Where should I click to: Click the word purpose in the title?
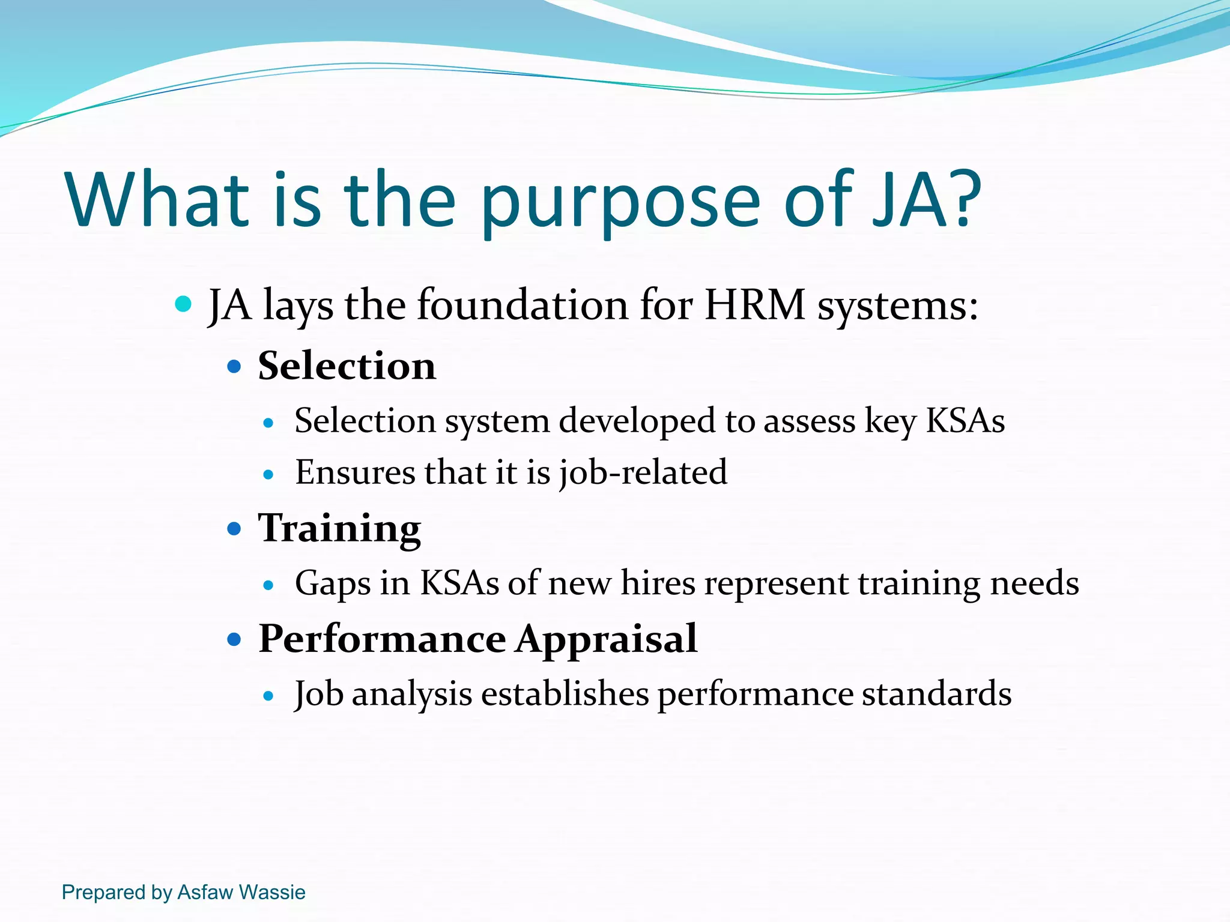(620, 204)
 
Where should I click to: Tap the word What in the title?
(157, 199)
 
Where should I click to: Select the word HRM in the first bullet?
(754, 305)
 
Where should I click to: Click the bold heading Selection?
(347, 366)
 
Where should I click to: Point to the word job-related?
(643, 473)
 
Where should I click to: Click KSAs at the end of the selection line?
(965, 421)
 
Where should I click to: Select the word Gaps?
(332, 584)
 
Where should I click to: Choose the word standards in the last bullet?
(936, 694)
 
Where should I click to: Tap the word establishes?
(565, 694)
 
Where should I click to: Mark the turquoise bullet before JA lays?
(183, 304)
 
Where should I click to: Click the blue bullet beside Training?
(234, 529)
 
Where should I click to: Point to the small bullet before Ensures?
(268, 475)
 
